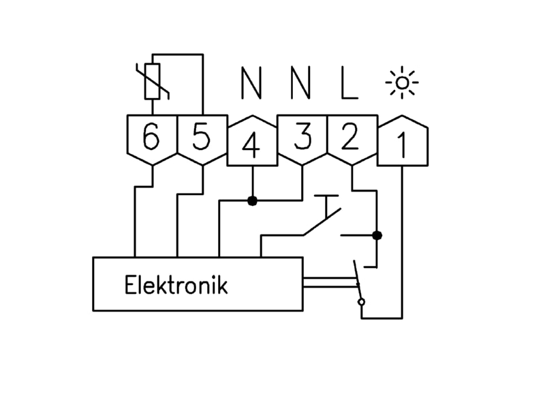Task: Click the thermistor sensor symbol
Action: (x=153, y=81)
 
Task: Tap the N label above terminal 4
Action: (x=251, y=83)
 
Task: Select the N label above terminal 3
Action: (x=300, y=83)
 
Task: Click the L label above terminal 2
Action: (x=349, y=83)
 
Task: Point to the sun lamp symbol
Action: (x=402, y=82)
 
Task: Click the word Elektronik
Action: (x=176, y=285)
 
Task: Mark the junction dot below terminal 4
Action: (x=252, y=200)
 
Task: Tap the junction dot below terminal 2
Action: (x=377, y=235)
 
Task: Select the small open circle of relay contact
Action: (x=362, y=302)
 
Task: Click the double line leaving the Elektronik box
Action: (x=330, y=282)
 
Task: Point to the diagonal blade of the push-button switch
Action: (x=322, y=222)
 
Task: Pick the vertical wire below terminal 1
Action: (x=402, y=242)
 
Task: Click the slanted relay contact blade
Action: (x=358, y=279)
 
